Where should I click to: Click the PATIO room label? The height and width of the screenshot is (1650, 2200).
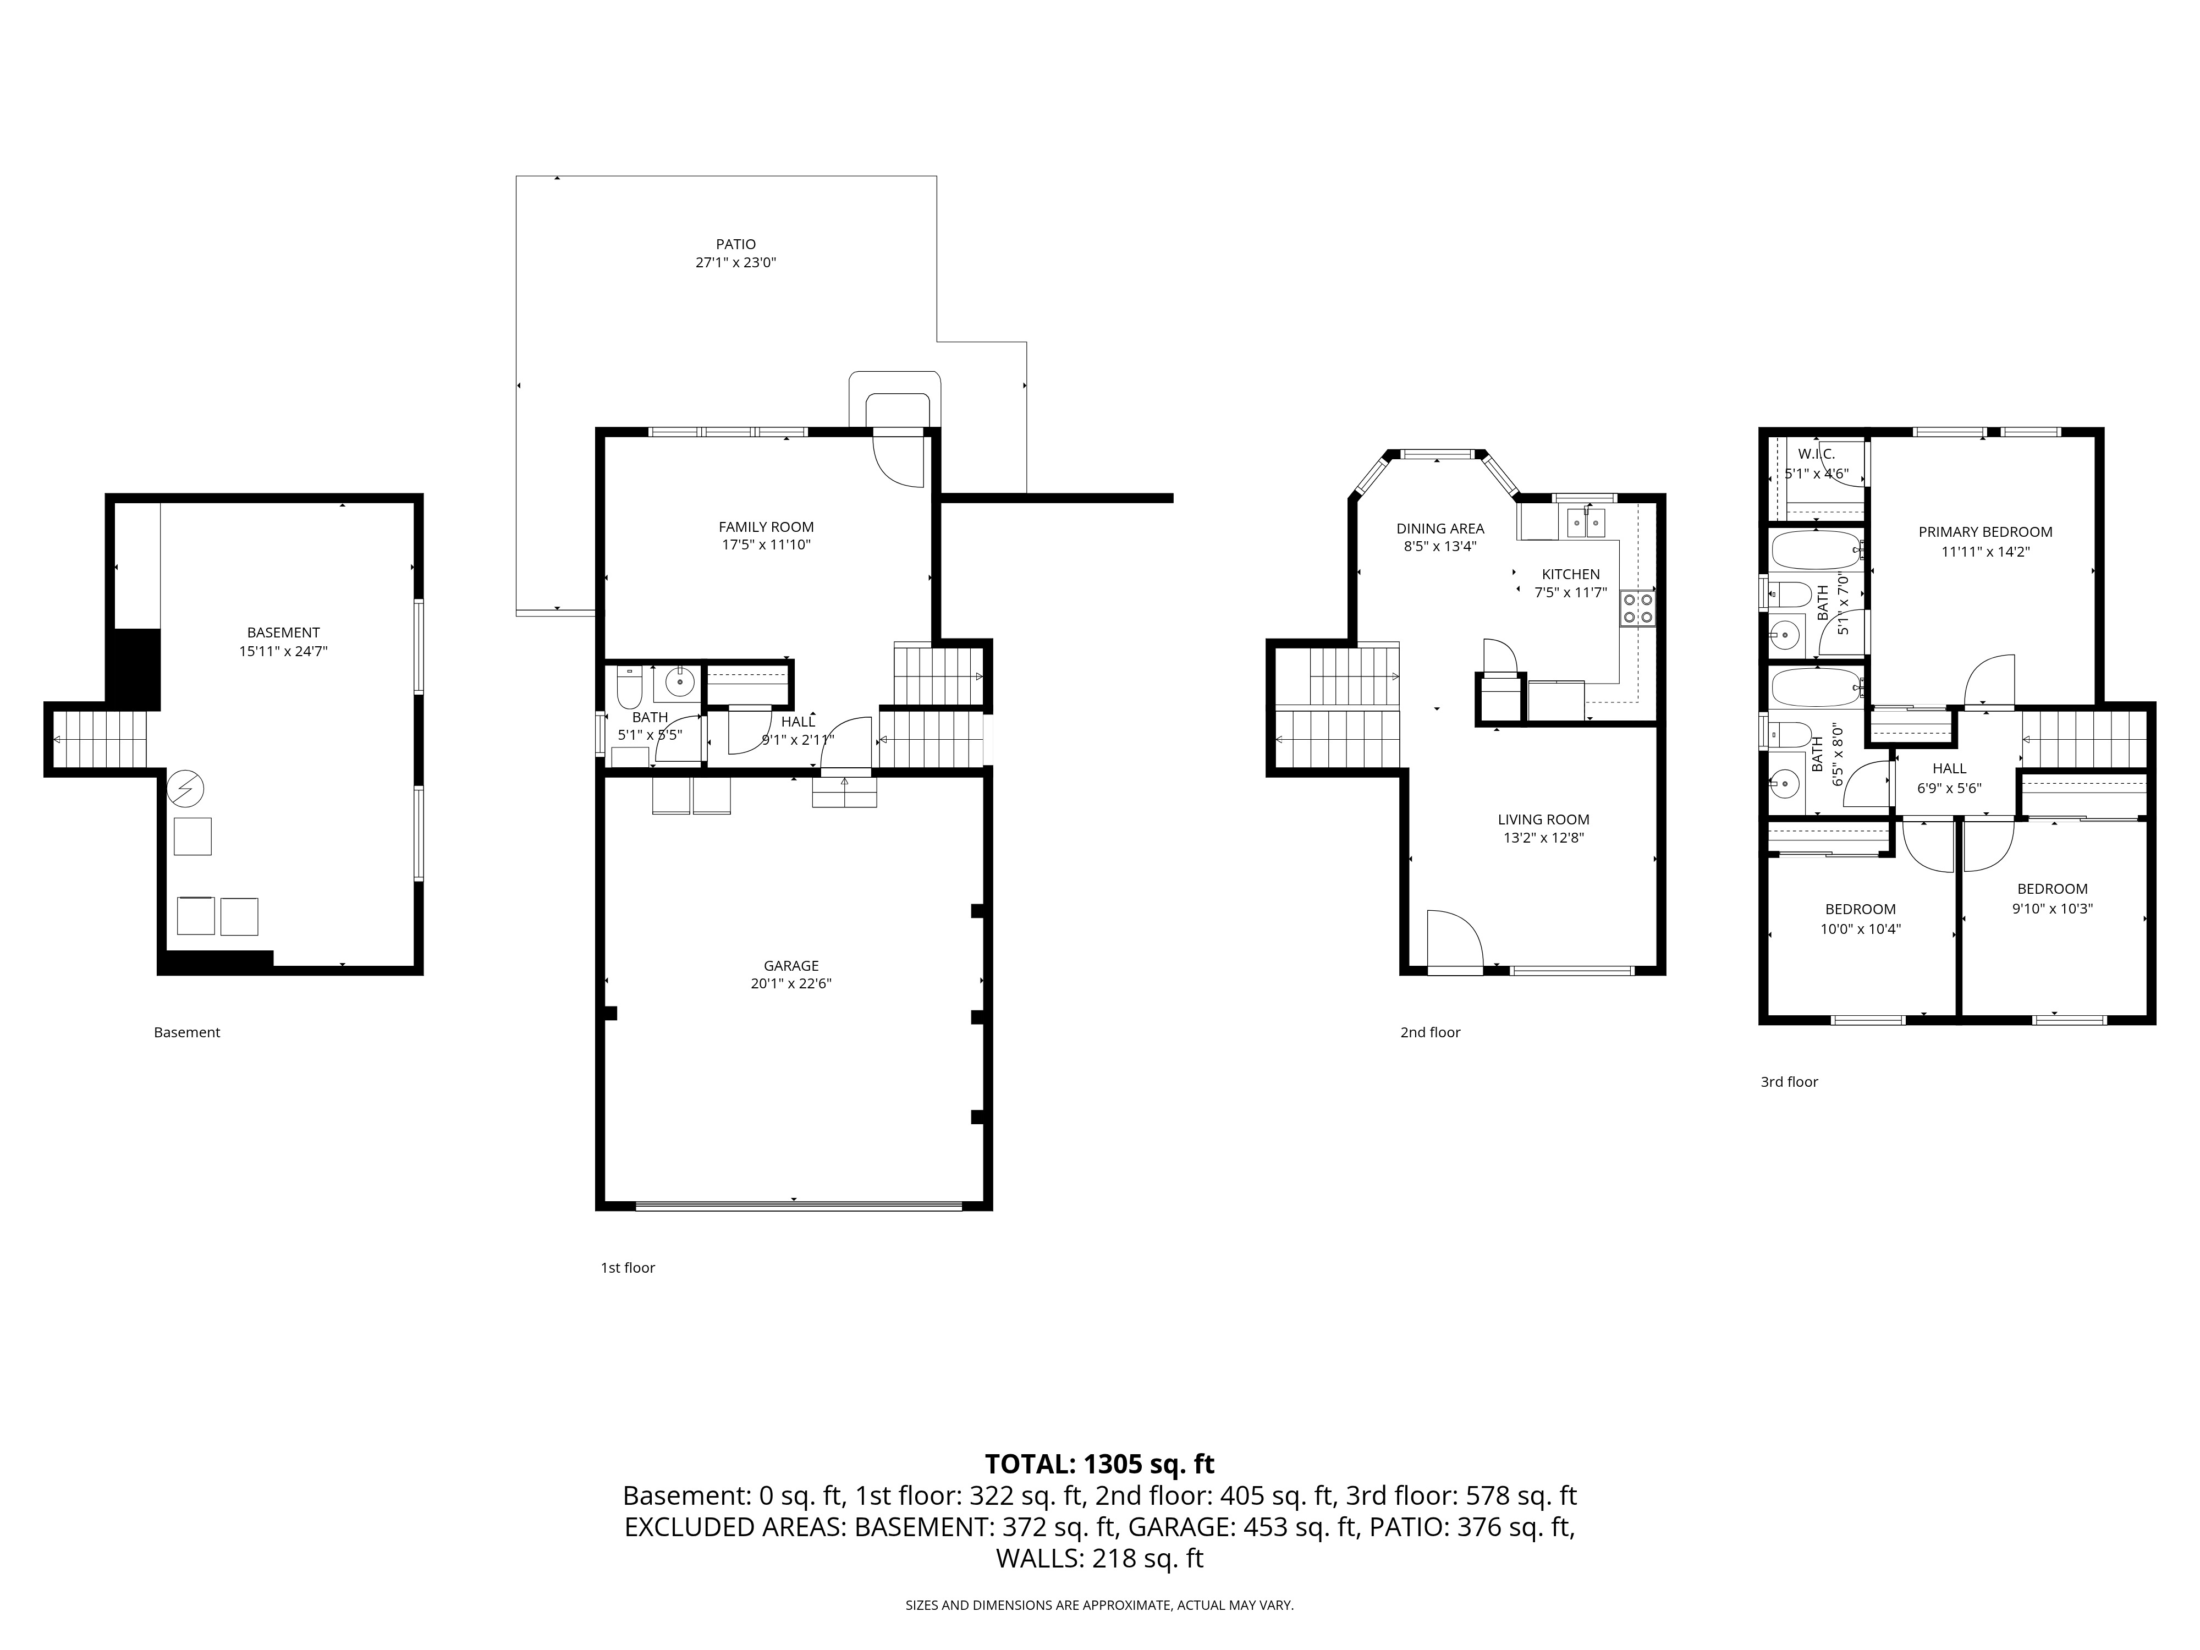[736, 244]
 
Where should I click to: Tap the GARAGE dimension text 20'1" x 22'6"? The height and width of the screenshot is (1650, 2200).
[791, 983]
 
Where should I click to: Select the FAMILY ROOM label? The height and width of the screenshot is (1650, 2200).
[766, 527]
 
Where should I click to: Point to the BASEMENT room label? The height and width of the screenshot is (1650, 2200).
[283, 632]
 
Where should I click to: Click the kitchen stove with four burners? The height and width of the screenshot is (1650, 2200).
[1637, 608]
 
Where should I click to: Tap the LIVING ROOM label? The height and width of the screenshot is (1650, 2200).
[1544, 820]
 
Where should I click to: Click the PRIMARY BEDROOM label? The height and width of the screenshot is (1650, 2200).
[1985, 532]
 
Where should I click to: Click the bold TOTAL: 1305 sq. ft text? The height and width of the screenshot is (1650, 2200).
[1099, 1464]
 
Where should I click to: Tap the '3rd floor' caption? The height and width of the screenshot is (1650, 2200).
[1789, 1082]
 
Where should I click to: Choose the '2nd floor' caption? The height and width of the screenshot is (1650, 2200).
[1430, 1032]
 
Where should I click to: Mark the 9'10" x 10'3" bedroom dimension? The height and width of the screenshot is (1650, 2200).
[2052, 908]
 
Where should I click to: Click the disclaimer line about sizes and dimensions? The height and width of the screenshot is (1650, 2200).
[1099, 1605]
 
